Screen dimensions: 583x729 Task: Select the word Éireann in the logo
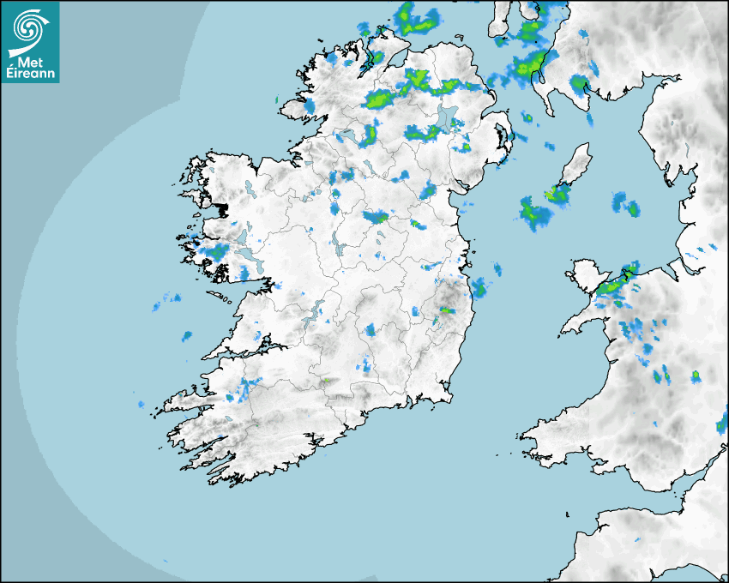(x=31, y=73)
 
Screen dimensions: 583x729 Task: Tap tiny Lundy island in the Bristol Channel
(x=567, y=514)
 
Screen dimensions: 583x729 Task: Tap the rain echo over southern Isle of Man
(x=557, y=195)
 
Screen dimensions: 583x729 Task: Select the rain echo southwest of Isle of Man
(x=533, y=213)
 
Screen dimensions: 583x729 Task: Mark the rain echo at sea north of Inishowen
(x=416, y=17)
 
